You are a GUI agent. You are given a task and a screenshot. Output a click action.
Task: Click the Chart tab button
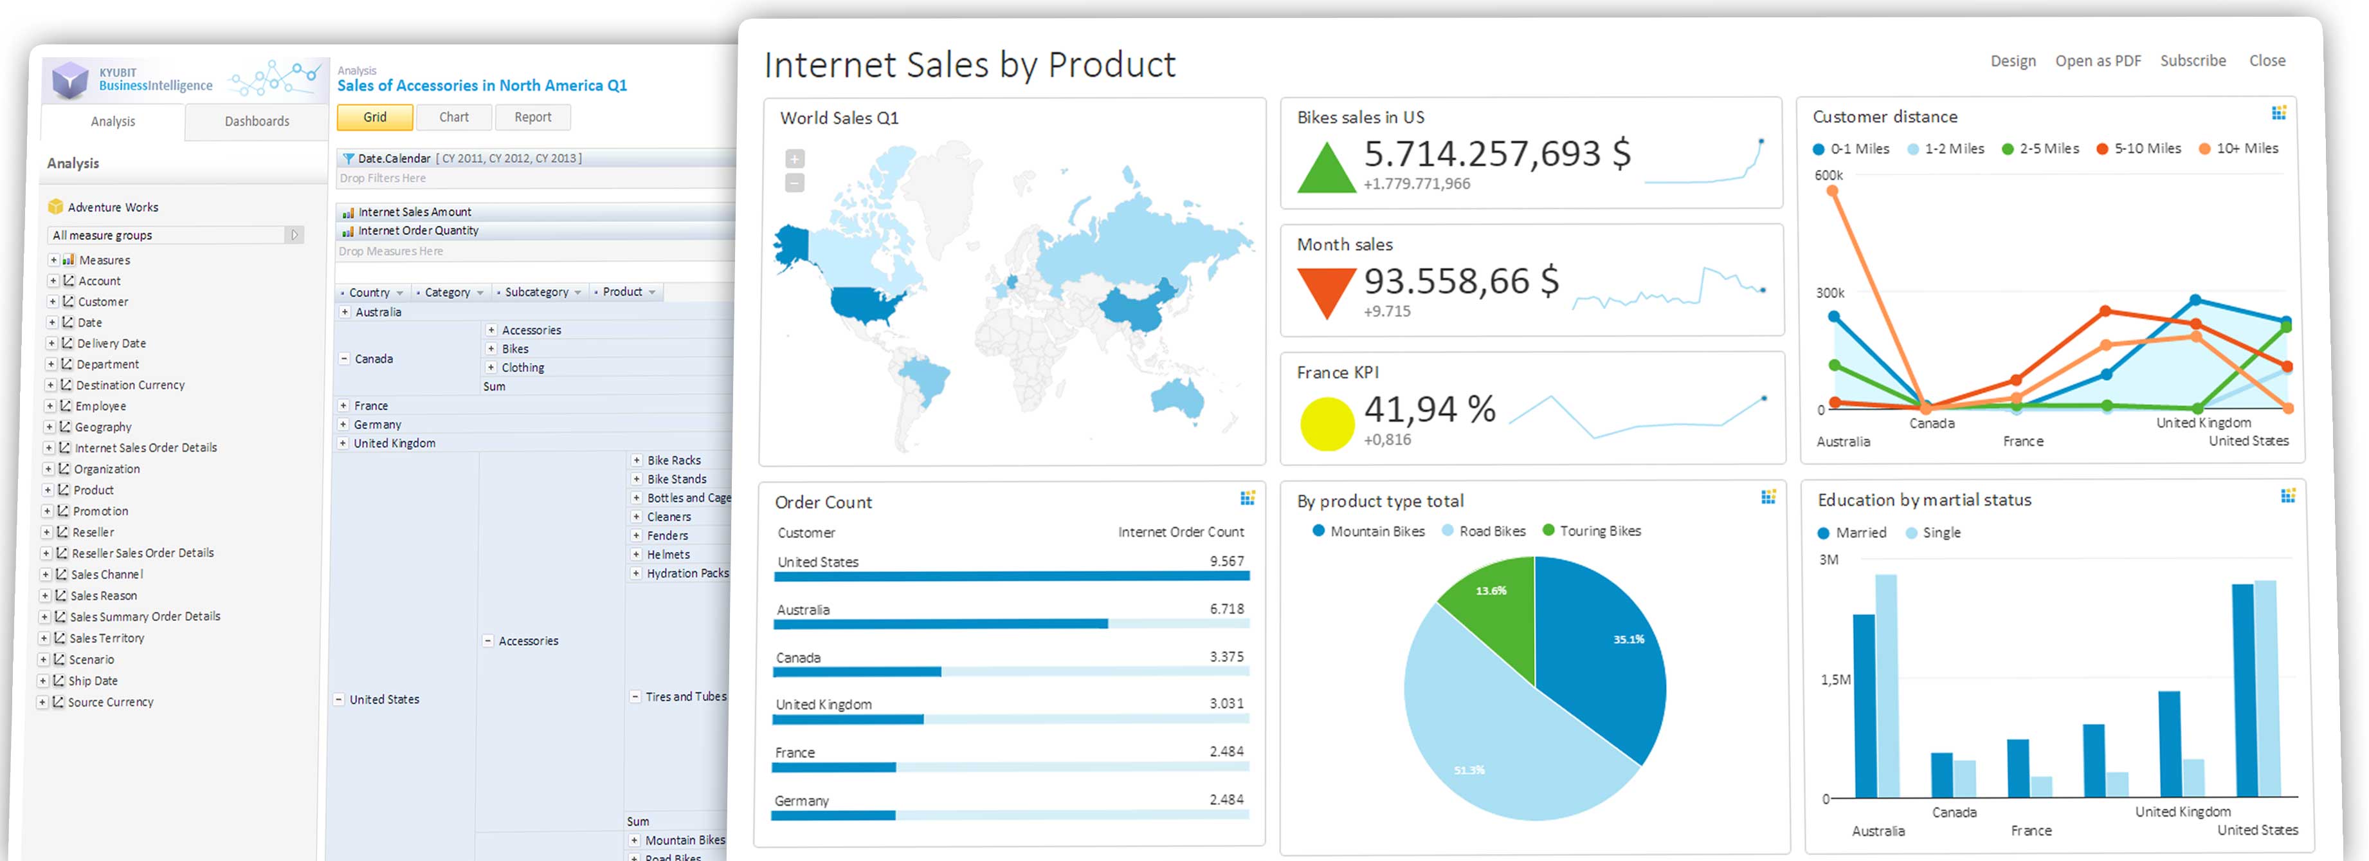(x=453, y=117)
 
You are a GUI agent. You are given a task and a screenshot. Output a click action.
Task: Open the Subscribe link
(x=2192, y=60)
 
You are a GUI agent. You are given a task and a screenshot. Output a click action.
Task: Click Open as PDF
(x=2098, y=60)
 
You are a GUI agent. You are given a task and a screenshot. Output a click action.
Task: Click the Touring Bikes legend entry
(x=1599, y=531)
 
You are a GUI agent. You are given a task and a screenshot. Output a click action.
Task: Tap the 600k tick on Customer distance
(x=1828, y=176)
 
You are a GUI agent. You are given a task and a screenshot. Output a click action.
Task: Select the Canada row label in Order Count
(x=798, y=658)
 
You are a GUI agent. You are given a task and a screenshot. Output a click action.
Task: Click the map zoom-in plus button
(x=795, y=159)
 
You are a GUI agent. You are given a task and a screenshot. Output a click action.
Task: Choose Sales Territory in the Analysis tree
(x=107, y=638)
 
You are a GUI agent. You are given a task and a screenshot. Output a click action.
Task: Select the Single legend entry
(x=1941, y=533)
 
